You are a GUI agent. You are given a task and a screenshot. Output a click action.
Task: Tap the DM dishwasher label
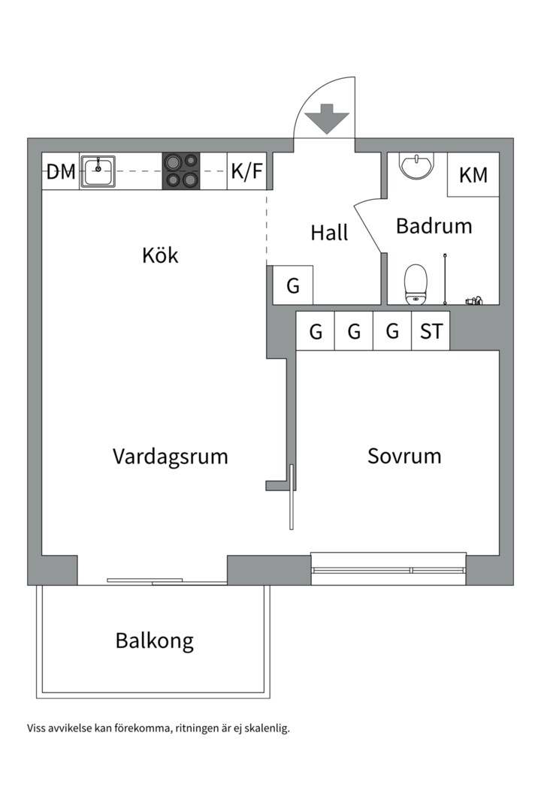61,172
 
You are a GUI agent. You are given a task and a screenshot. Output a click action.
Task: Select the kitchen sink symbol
98,172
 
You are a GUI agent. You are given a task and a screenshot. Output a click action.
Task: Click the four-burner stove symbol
181,171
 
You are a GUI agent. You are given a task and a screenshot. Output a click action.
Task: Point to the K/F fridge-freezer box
247,172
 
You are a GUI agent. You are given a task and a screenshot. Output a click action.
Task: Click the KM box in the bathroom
473,175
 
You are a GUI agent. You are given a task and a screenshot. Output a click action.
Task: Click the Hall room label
329,233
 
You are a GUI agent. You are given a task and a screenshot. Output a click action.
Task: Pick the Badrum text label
434,225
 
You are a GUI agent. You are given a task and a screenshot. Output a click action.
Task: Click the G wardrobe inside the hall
293,285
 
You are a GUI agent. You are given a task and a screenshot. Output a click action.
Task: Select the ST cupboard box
431,331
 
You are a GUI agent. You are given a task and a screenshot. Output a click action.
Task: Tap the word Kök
160,255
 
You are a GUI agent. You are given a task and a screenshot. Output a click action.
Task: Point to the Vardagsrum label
170,456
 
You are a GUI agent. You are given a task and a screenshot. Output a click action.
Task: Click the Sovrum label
404,456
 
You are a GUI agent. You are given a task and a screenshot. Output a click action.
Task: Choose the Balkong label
154,641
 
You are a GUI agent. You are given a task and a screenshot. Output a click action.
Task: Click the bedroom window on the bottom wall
388,570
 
